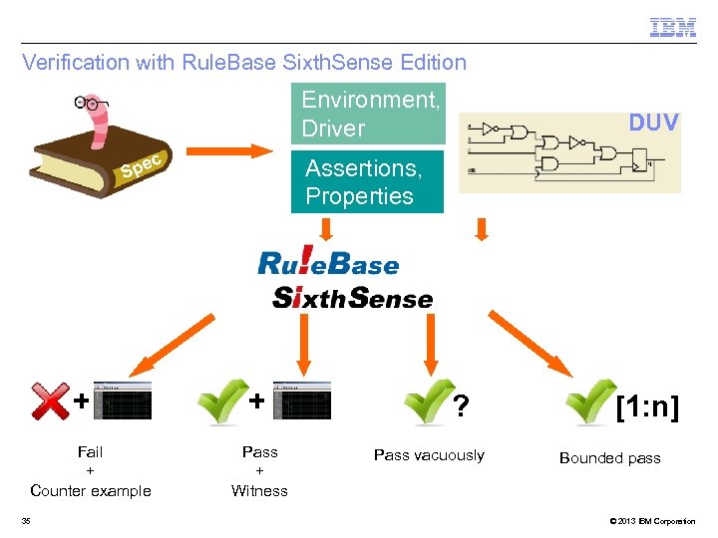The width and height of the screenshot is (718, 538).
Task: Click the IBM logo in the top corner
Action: pyautogui.click(x=673, y=28)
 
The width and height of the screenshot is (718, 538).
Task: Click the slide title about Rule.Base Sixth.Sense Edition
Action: pyautogui.click(x=244, y=63)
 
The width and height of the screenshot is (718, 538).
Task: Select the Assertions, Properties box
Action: pyautogui.click(x=366, y=182)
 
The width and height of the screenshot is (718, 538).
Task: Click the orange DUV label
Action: pyautogui.click(x=653, y=123)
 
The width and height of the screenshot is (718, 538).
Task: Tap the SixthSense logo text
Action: pyautogui.click(x=352, y=297)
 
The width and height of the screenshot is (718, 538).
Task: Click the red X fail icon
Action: pyautogui.click(x=51, y=402)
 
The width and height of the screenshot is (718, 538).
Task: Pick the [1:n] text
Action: pyautogui.click(x=647, y=407)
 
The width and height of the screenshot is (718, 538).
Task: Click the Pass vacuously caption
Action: pyautogui.click(x=429, y=455)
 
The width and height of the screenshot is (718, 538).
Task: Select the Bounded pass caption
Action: pyautogui.click(x=609, y=458)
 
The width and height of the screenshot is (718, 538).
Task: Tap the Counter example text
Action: pyautogui.click(x=91, y=490)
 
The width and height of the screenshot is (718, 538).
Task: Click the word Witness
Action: pyautogui.click(x=259, y=490)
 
